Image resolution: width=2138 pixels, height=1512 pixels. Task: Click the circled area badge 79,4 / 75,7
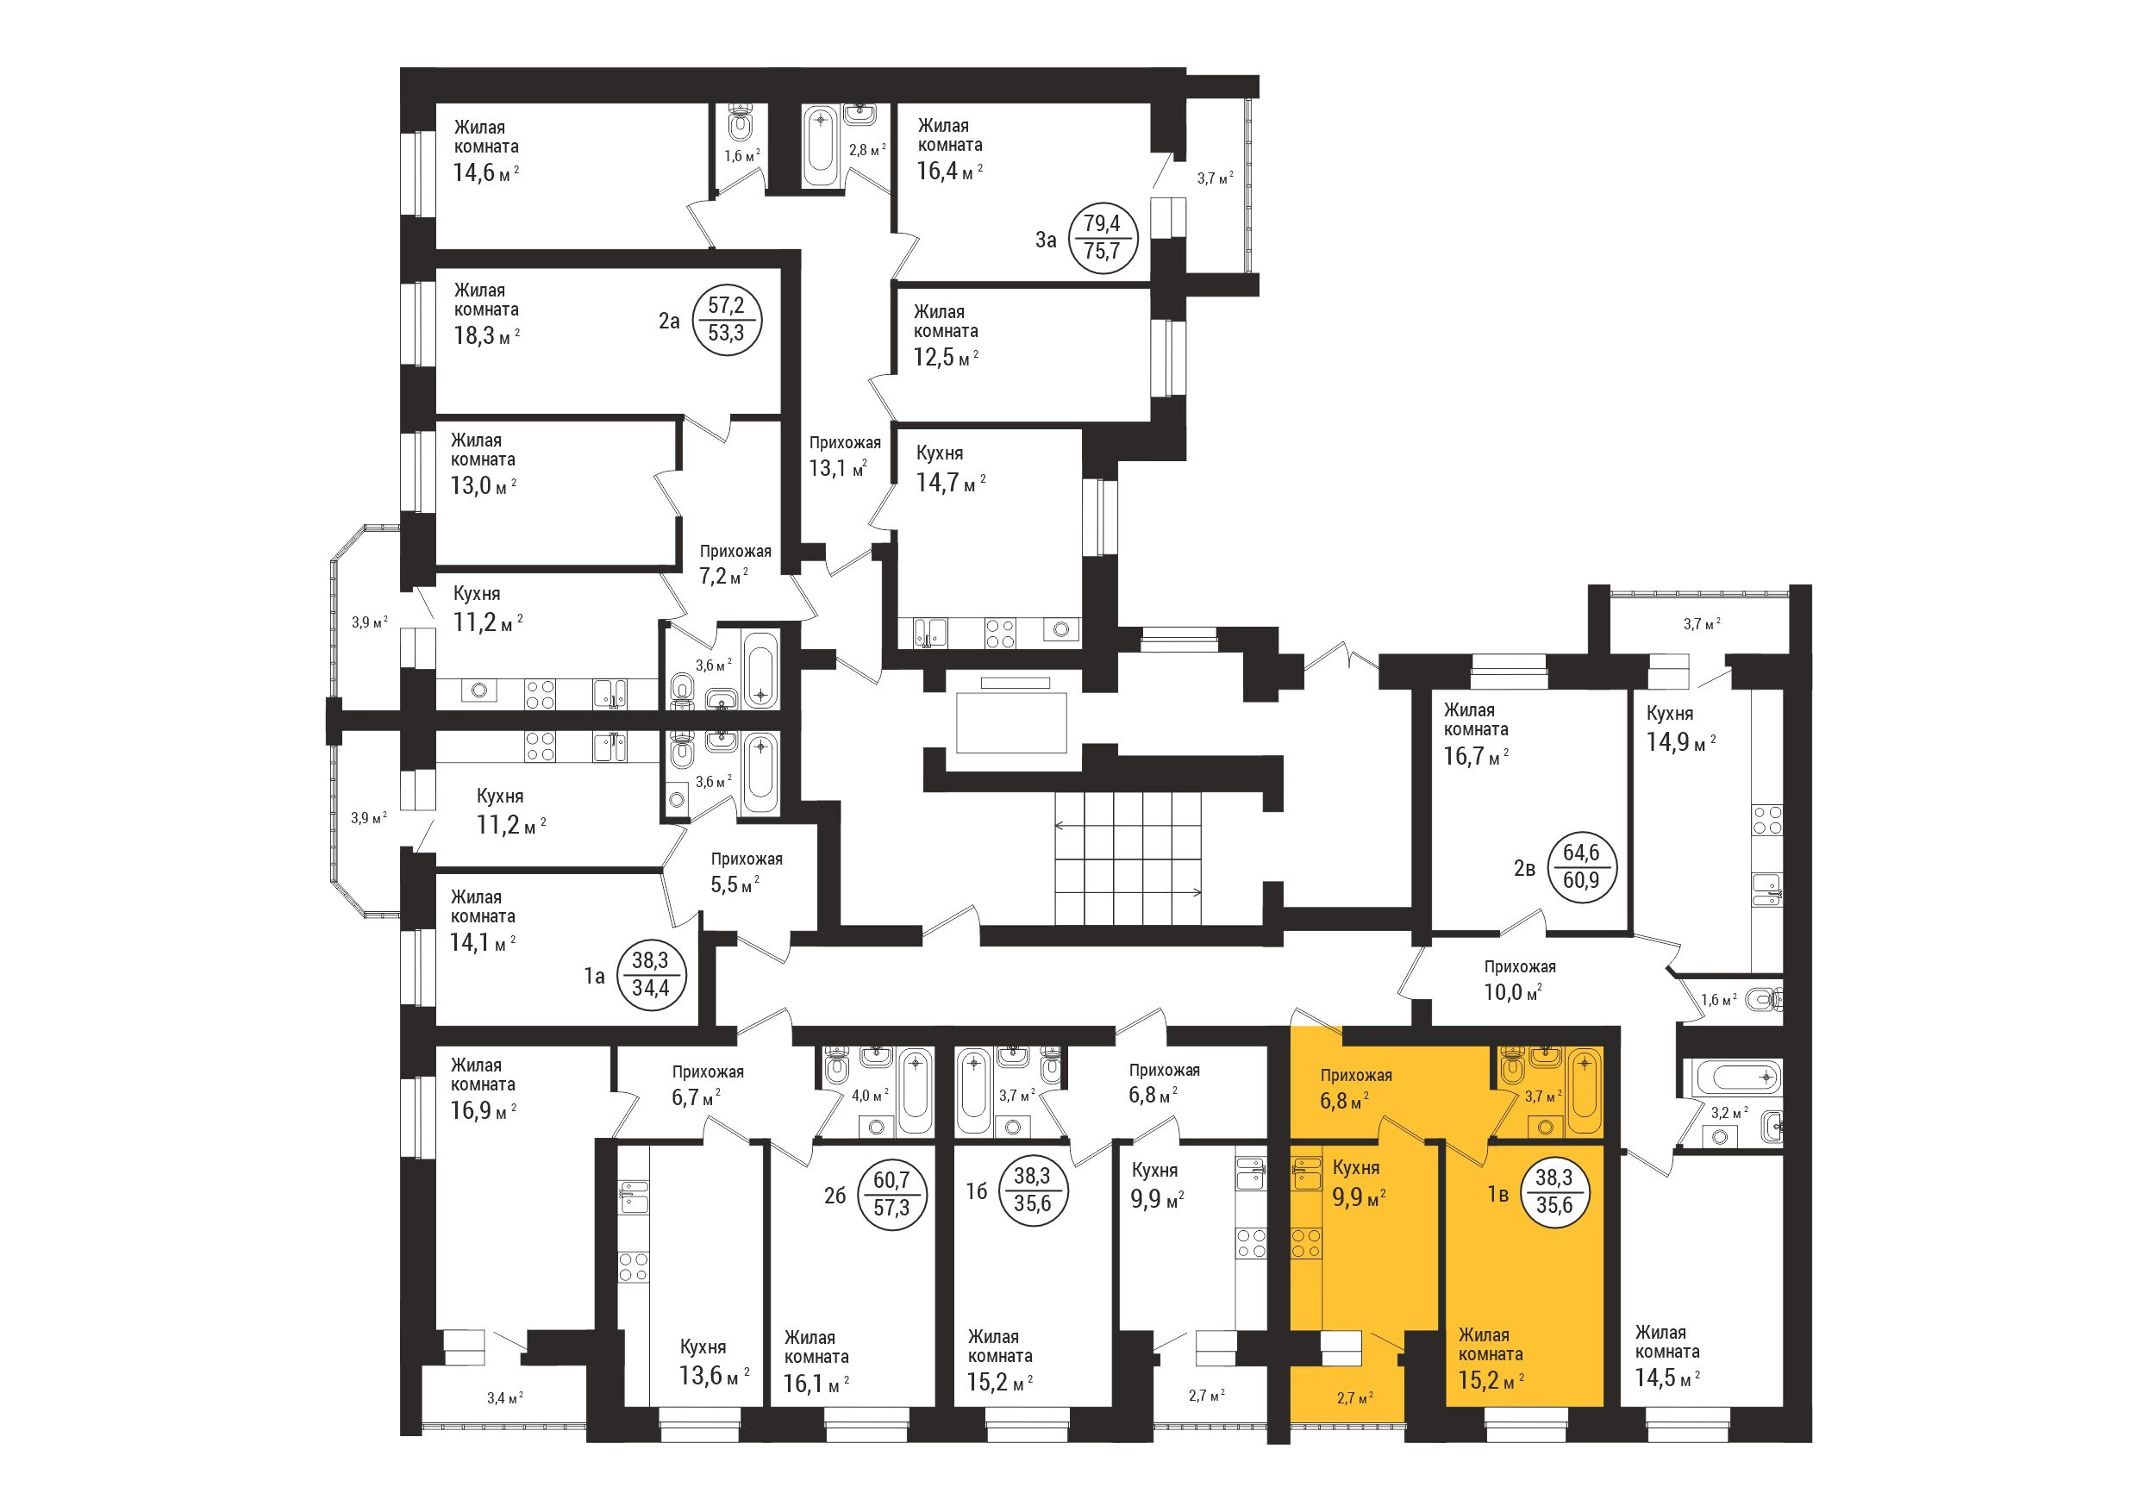coord(1103,238)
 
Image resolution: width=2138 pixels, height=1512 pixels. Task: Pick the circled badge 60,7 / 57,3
coord(891,1195)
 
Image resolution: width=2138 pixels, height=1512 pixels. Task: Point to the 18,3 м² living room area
coord(486,335)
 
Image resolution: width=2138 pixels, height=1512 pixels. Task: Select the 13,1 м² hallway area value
coord(837,467)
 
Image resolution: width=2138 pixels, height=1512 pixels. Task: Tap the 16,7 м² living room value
coord(1476,757)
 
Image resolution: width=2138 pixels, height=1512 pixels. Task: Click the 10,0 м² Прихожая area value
coord(1513,992)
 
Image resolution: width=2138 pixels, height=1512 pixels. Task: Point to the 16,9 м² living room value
coord(484,1112)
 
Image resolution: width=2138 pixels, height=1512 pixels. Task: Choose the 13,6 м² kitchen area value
coord(714,1375)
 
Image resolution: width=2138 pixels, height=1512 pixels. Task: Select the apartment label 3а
coord(1047,240)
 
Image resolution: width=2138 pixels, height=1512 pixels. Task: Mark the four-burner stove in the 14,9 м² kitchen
coord(1767,821)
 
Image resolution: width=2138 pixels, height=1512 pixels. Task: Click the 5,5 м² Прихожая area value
coord(735,884)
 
